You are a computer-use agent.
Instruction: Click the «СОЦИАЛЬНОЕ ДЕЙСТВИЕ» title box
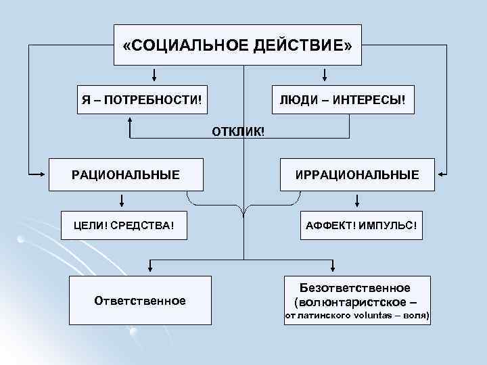click(x=237, y=45)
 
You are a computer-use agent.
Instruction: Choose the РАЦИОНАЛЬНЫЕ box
click(x=126, y=175)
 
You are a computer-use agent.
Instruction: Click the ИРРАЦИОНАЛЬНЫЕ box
click(x=356, y=175)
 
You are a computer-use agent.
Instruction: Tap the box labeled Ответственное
click(x=140, y=299)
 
